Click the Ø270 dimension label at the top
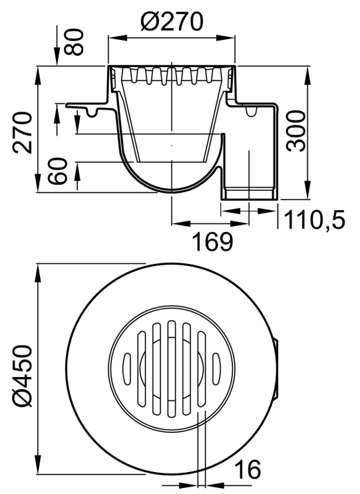[172, 23]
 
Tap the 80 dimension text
[75, 42]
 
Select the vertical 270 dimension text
[23, 132]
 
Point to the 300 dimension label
[296, 131]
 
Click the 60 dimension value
[58, 171]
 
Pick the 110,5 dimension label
[314, 219]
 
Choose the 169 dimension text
[213, 241]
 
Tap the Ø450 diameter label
[23, 376]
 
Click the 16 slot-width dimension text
[248, 469]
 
